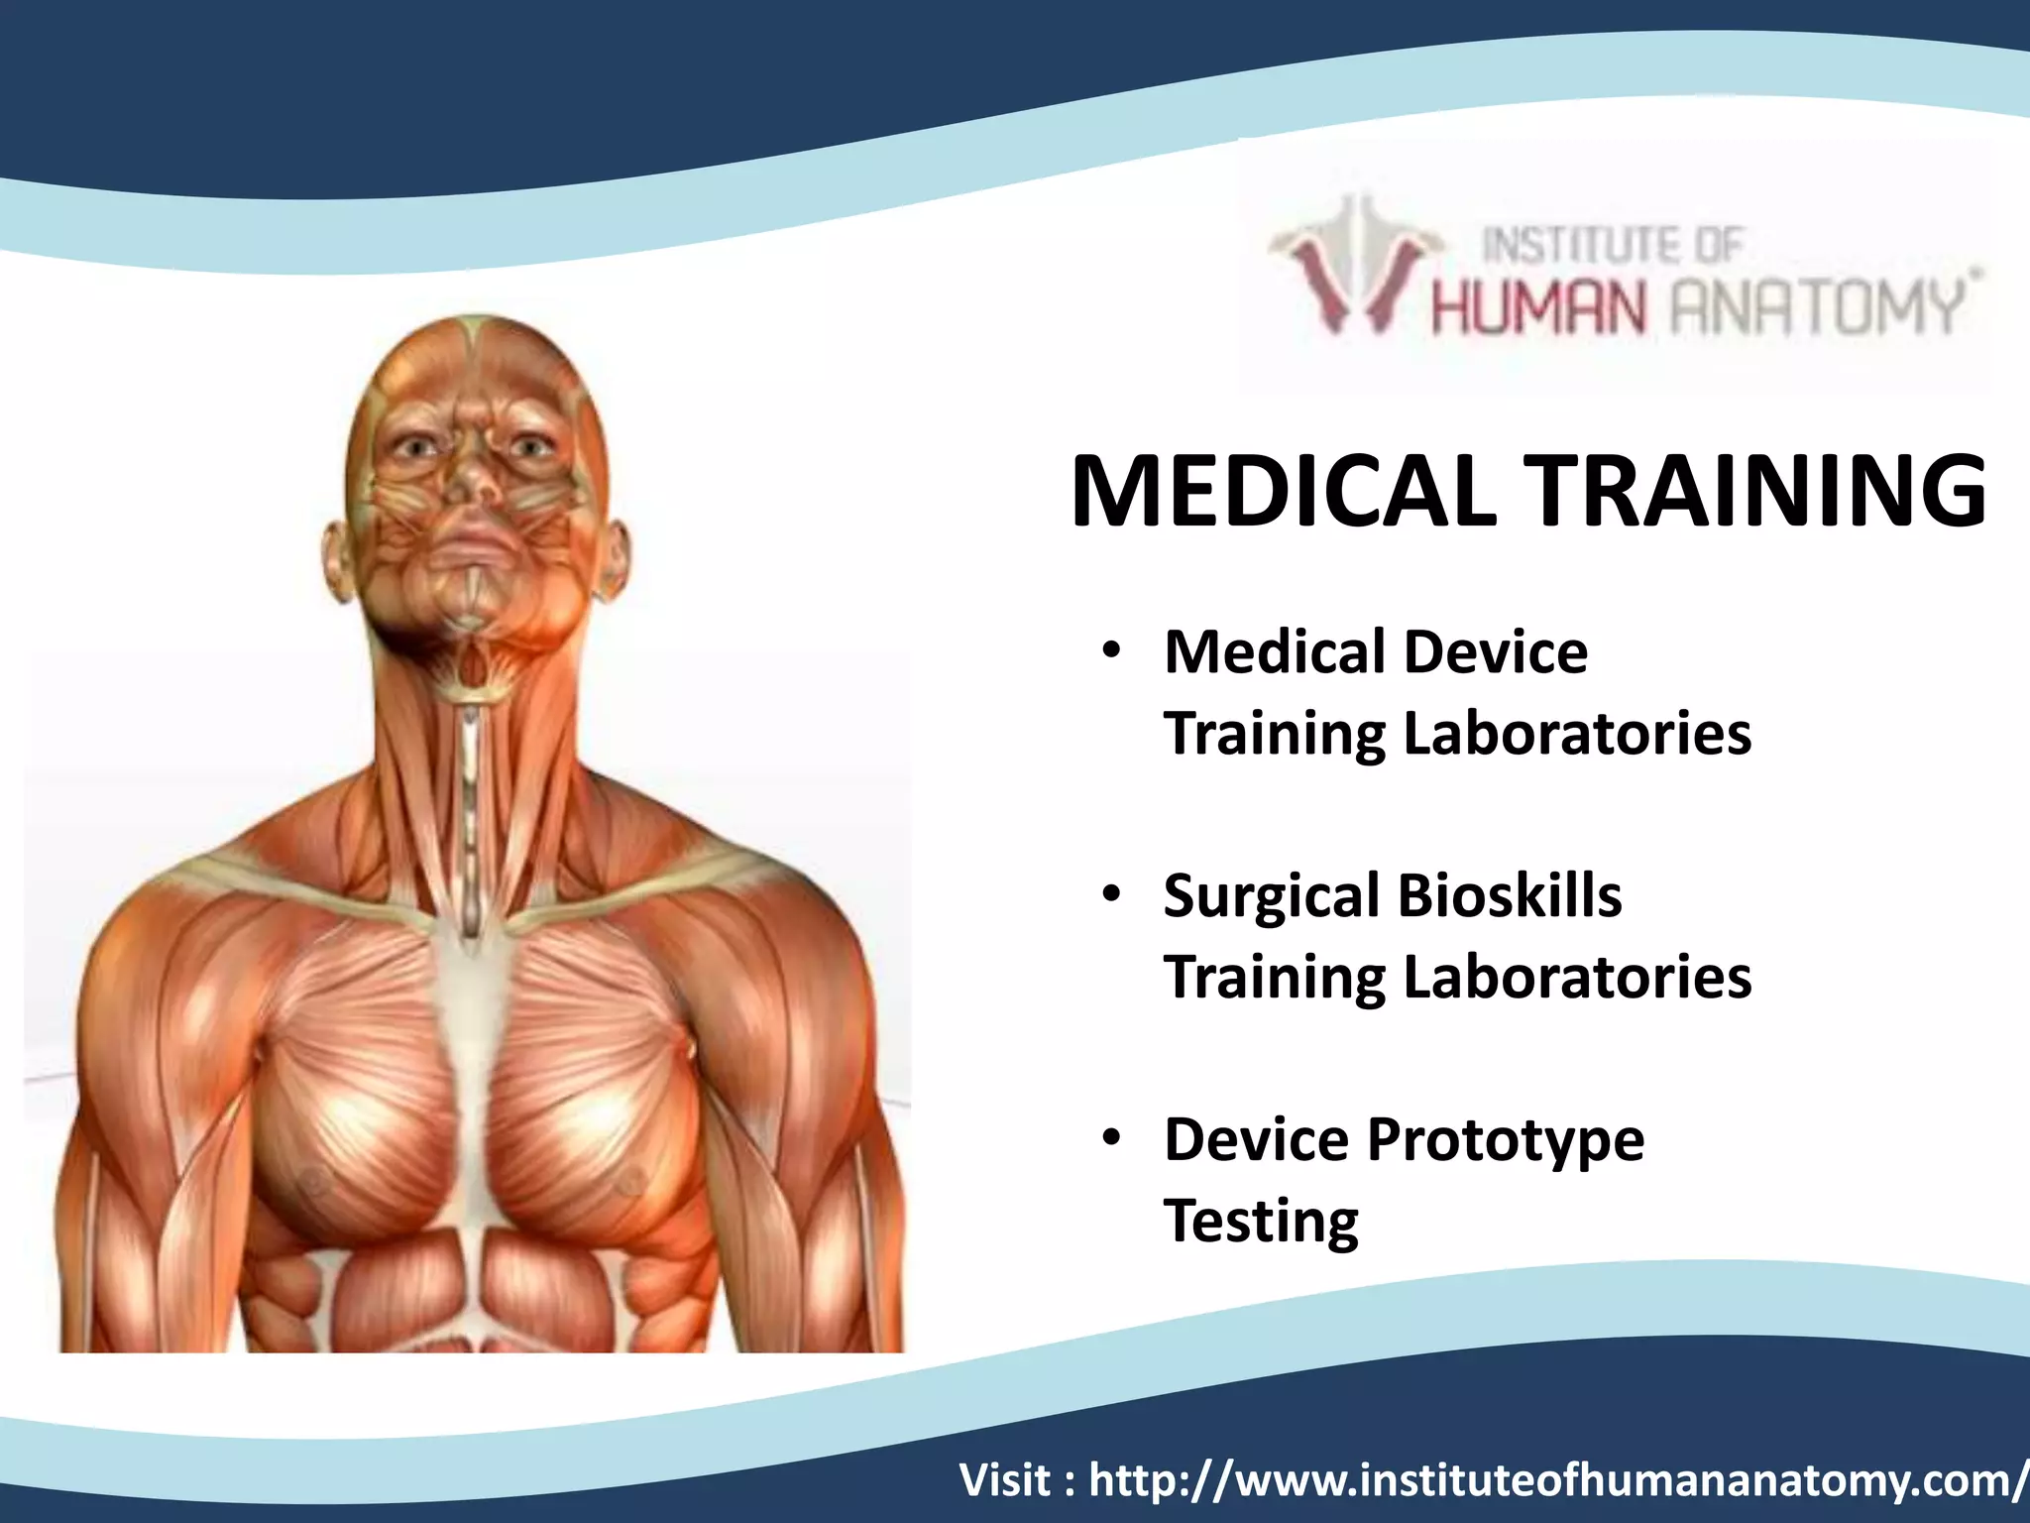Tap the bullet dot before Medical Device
coord(1111,651)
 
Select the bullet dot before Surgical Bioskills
coord(1111,895)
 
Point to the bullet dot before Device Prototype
coord(1111,1138)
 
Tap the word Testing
coord(1261,1221)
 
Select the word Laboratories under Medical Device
coord(1577,734)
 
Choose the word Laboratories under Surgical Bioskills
coord(1577,978)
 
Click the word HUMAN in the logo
coord(1537,308)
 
